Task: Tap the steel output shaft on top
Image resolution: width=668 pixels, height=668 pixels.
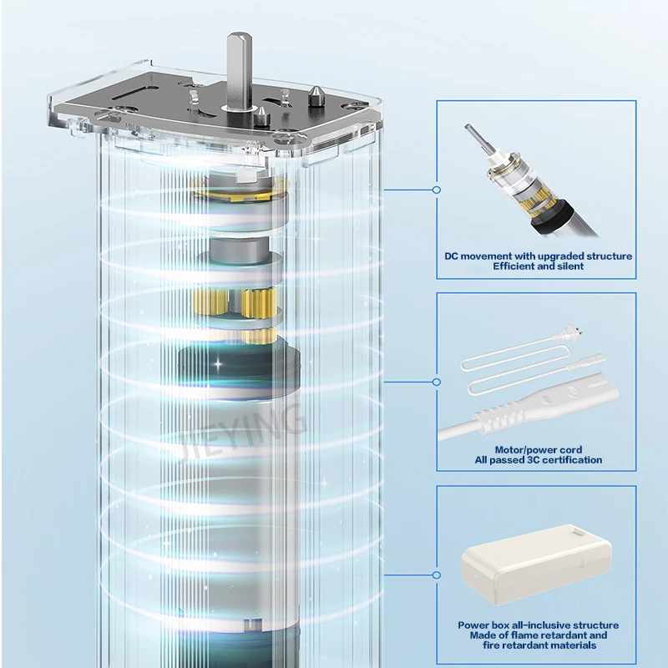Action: [240, 72]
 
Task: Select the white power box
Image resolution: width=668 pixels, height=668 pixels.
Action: [536, 564]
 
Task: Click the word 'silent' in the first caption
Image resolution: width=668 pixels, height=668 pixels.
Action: [570, 266]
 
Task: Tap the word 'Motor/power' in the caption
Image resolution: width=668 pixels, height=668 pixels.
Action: [521, 450]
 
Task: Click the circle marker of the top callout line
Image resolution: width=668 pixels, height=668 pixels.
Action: [436, 190]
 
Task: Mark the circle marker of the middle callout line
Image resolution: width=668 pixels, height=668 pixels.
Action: [436, 382]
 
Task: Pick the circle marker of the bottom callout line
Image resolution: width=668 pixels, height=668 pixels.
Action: [436, 575]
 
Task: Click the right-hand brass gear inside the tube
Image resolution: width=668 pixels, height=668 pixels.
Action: [258, 303]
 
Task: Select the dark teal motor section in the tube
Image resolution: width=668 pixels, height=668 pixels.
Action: [239, 372]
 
